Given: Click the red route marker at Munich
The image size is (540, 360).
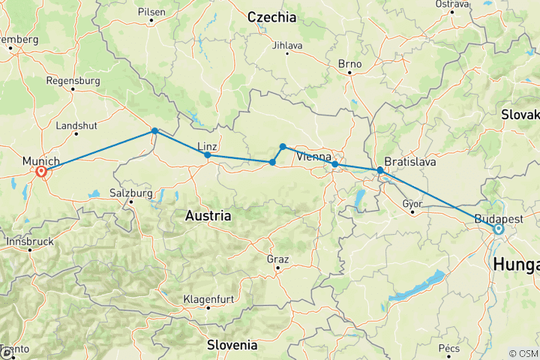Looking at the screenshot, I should click(41, 172).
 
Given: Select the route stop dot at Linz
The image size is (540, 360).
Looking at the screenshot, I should click(207, 155).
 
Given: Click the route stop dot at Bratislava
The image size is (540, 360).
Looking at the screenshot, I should click(380, 171).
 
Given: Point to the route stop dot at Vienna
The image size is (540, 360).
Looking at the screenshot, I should click(334, 164).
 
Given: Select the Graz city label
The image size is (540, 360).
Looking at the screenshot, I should click(277, 259).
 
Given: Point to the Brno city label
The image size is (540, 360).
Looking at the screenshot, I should click(349, 64).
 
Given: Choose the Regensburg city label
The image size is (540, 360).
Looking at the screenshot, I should click(73, 80).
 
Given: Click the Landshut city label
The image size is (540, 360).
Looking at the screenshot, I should click(73, 124).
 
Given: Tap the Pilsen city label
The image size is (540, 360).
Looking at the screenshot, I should click(151, 13).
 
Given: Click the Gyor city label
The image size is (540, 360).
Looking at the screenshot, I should click(413, 202).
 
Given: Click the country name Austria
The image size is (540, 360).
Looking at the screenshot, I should click(208, 215).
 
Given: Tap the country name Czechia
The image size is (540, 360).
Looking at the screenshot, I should click(271, 16).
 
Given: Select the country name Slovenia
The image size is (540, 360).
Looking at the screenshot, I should click(232, 345).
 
